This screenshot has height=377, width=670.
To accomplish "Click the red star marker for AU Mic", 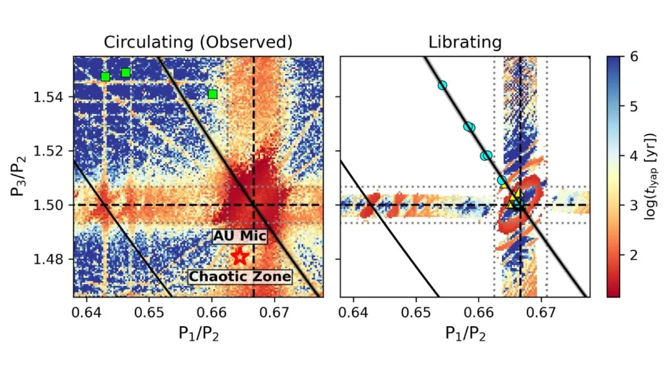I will (x=240, y=257).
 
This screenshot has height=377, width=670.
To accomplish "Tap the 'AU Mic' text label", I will (x=240, y=236).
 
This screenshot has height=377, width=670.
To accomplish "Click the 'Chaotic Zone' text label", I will (x=240, y=276).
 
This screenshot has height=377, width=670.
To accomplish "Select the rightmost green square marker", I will (x=212, y=94).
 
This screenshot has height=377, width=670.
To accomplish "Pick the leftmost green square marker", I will (x=105, y=77).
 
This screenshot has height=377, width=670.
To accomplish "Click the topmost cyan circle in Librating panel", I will (x=442, y=85).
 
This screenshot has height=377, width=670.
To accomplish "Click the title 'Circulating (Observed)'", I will (x=198, y=42).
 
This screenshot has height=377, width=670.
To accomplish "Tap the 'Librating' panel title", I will (x=465, y=42).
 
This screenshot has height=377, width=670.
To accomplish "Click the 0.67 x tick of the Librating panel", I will (x=541, y=309).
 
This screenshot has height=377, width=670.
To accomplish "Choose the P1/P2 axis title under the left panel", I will (x=198, y=333).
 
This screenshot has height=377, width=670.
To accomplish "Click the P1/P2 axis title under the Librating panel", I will (x=465, y=333).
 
